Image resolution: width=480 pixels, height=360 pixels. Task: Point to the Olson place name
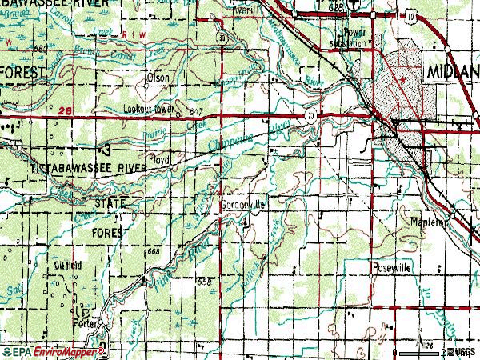pos(157,78)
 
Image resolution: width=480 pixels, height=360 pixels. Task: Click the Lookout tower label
pos(148,109)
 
